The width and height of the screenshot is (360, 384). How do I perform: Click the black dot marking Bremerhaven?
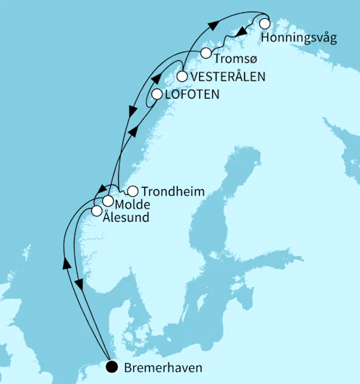coord(111,367)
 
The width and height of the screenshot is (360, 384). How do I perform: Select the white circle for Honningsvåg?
coord(265,23)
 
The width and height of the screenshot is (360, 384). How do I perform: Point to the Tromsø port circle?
coord(206,54)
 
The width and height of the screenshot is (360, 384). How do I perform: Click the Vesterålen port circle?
coord(182,76)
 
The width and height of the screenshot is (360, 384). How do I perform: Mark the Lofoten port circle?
coord(157,94)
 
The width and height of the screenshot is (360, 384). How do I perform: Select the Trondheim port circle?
coord(133,192)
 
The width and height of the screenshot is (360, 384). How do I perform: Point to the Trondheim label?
coord(173,192)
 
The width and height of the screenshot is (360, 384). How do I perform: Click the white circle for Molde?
coord(107,201)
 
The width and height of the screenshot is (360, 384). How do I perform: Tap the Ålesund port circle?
coord(96,212)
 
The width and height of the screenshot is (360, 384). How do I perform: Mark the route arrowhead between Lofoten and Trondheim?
coord(135,131)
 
